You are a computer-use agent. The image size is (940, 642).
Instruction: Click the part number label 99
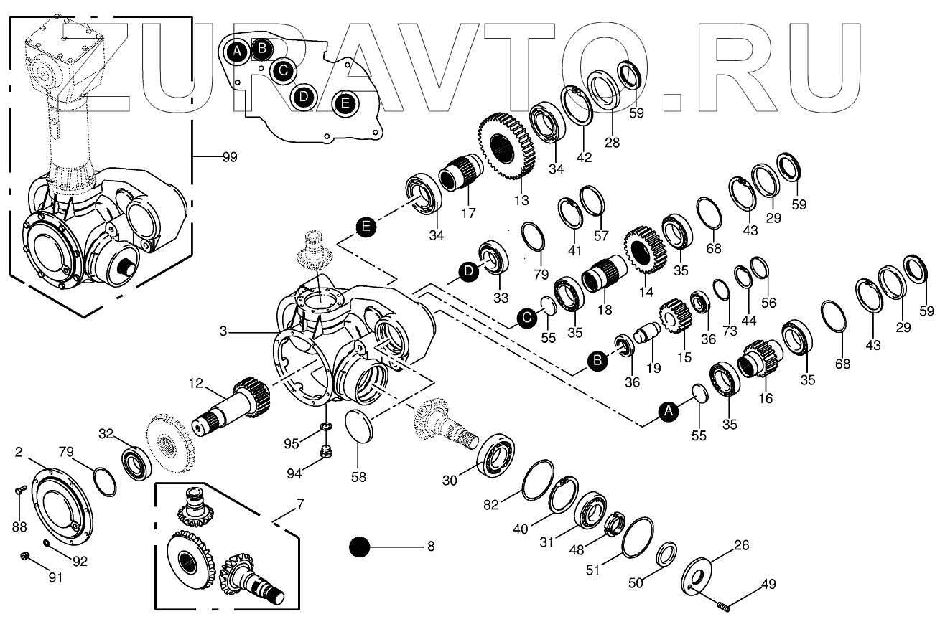point(230,156)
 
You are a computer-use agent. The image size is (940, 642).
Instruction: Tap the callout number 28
point(611,142)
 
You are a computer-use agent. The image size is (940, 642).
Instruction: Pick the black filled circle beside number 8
point(359,547)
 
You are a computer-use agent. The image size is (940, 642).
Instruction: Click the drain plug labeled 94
point(325,453)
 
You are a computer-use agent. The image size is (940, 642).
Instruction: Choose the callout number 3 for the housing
point(223,331)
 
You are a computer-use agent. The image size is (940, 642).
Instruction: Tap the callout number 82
point(491,504)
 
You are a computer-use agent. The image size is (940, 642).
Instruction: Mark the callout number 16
point(766,397)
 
